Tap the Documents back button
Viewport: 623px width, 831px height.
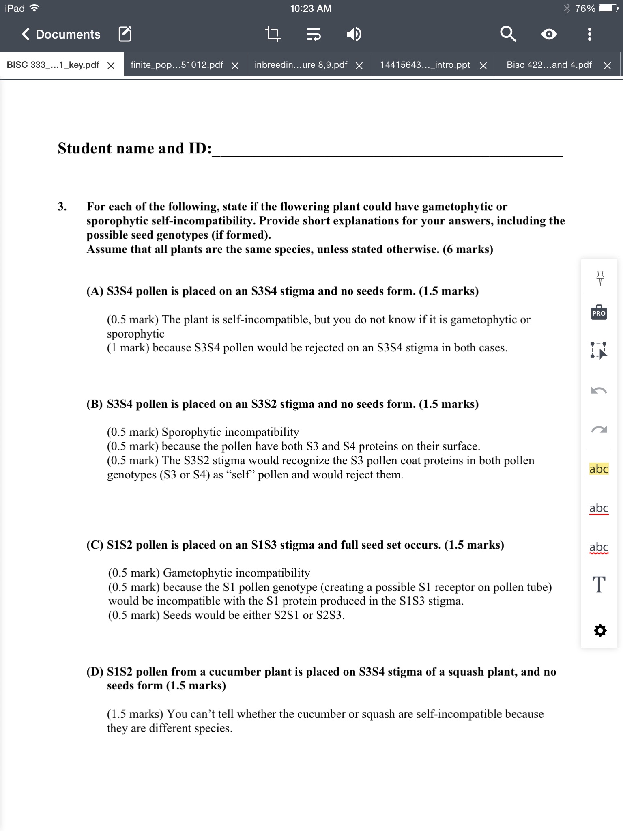click(x=61, y=34)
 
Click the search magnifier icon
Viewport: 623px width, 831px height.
click(x=508, y=34)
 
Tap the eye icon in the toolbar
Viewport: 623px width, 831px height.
click(x=549, y=34)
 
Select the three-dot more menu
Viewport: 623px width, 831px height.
click(x=590, y=34)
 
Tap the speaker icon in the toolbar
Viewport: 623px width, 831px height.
click(x=354, y=34)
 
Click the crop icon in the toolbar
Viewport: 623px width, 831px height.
click(x=273, y=34)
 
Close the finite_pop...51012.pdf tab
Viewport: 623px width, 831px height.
click(x=235, y=66)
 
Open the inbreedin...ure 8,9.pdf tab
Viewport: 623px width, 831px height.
click(x=301, y=65)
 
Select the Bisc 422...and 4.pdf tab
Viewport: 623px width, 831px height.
click(x=549, y=65)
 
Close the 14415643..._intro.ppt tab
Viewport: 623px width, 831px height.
click(x=483, y=66)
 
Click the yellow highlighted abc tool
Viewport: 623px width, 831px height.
click(x=599, y=469)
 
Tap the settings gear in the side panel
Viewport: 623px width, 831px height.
click(x=600, y=631)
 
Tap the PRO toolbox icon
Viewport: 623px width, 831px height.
click(x=599, y=312)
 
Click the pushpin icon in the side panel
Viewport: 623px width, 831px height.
click(x=600, y=278)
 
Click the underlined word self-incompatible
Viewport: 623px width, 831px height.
click(x=459, y=714)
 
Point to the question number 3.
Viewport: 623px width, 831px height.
click(x=62, y=207)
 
